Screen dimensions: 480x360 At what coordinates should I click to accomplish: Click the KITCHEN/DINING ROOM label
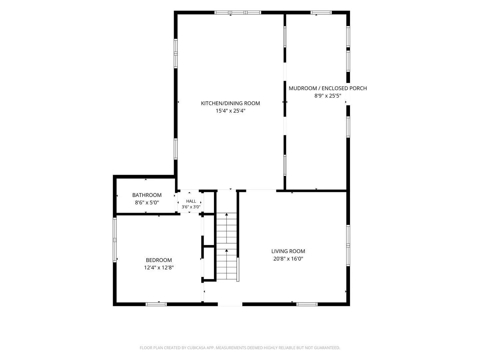click(x=230, y=103)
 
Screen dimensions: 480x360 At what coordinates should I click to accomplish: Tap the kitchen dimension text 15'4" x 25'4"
click(x=230, y=111)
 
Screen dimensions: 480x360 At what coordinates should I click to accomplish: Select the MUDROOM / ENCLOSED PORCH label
click(x=328, y=88)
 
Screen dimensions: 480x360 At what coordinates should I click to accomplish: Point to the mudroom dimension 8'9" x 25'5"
click(x=328, y=96)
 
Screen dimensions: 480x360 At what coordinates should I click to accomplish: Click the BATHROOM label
click(x=147, y=195)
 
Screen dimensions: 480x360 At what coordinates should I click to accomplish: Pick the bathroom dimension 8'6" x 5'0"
click(x=147, y=202)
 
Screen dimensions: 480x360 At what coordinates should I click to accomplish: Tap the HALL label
click(x=191, y=201)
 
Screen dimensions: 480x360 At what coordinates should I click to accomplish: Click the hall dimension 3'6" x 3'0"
click(x=191, y=207)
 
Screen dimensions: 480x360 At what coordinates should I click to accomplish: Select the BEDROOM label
click(x=159, y=260)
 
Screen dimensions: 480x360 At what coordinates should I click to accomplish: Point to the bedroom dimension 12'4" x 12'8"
click(x=159, y=268)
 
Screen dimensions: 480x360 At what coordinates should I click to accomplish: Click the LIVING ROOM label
click(x=288, y=251)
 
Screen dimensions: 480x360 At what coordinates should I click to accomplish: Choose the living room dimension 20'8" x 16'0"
click(x=288, y=259)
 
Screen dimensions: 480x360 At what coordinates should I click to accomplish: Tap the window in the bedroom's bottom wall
click(x=156, y=304)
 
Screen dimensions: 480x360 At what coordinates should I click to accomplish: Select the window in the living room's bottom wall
click(x=307, y=304)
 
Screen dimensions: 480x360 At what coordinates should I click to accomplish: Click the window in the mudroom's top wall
click(x=321, y=12)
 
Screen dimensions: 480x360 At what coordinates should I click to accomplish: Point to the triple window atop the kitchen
click(x=237, y=12)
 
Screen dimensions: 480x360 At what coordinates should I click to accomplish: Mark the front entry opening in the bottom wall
click(x=230, y=304)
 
